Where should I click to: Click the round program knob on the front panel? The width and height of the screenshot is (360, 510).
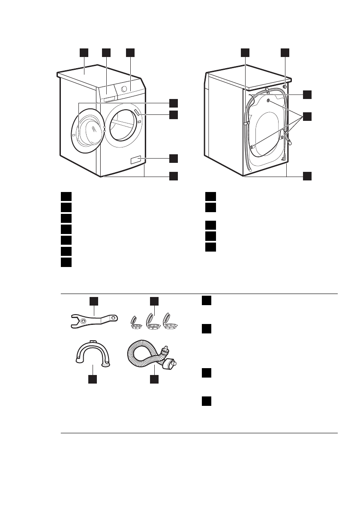click(x=124, y=88)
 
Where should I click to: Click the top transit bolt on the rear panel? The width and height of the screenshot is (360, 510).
click(x=268, y=101)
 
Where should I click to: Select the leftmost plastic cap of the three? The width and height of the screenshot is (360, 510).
click(x=135, y=322)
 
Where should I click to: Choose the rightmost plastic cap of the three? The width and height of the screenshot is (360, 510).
click(x=170, y=322)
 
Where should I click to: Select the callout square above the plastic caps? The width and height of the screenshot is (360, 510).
click(x=154, y=301)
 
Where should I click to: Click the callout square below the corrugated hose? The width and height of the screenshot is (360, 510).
click(x=154, y=379)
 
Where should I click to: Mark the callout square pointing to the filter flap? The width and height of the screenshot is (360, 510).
click(x=173, y=158)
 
